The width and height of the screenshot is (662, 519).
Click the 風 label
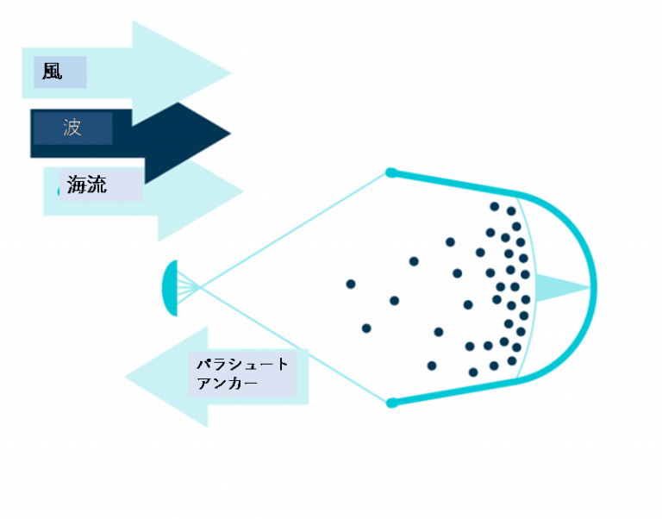53,72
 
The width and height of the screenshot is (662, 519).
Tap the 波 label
72,127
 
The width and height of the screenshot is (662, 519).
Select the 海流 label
86,184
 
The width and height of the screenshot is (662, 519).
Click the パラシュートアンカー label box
242,374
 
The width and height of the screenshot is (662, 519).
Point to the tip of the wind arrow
231,73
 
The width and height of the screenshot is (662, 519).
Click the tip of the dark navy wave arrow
230,134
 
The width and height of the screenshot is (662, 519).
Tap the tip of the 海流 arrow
243,191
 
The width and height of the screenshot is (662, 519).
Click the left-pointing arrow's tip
125,377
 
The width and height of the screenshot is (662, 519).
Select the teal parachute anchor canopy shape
170,288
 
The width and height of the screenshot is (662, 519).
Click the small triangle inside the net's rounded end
558,288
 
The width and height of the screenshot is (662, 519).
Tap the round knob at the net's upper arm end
391,172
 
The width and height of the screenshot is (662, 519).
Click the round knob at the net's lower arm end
392,403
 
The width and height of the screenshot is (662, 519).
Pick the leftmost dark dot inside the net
351,284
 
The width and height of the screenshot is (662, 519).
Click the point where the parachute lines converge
199,288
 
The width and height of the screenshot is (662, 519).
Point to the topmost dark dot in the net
495,207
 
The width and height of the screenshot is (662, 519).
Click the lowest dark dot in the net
473,372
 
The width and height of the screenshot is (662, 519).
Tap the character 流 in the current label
97,184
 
